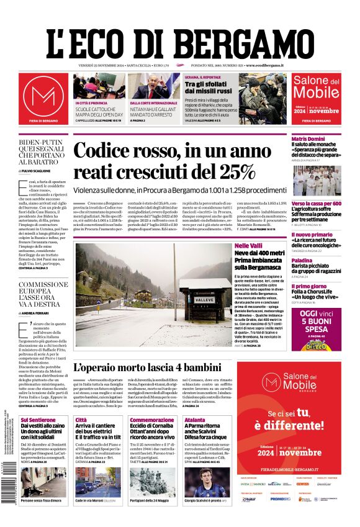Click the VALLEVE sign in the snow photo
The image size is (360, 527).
click(204, 300)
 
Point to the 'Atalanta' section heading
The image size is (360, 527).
click(194, 420)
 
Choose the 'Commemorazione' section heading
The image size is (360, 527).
click(152, 420)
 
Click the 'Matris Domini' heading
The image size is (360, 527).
click(308, 138)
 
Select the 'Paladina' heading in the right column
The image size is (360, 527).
click(302, 260)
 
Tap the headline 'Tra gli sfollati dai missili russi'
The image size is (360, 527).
click(207, 88)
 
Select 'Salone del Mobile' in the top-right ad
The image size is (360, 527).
click(316, 87)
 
